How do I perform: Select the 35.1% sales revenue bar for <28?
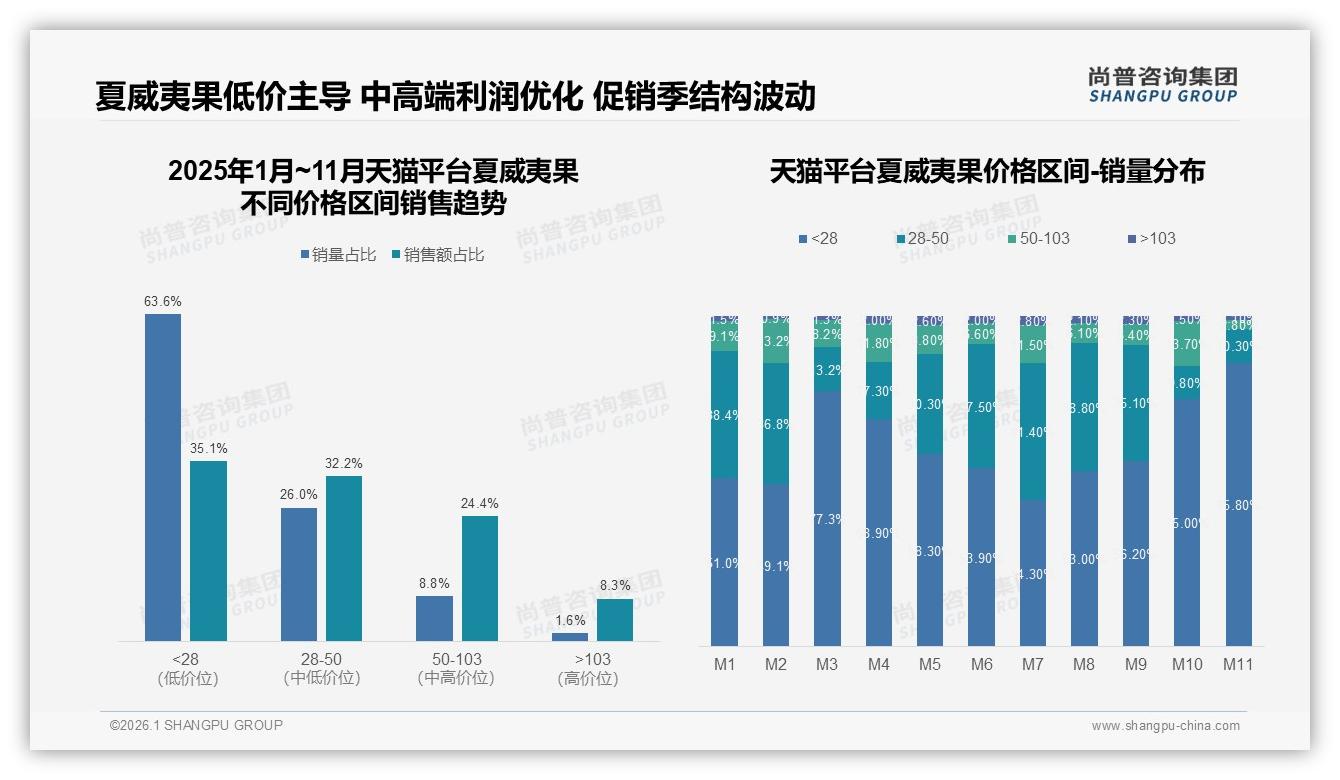click(208, 550)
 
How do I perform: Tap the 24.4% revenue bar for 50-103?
click(479, 578)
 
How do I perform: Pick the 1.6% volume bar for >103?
click(570, 636)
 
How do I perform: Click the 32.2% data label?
click(344, 464)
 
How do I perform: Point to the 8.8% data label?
click(434, 583)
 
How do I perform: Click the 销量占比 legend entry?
click(338, 255)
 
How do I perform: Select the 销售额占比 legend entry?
click(438, 255)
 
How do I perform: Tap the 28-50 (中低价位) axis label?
click(321, 669)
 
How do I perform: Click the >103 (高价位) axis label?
click(592, 669)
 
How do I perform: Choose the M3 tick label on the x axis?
click(827, 664)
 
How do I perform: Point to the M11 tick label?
click(1238, 664)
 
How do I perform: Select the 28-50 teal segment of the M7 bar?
click(1033, 431)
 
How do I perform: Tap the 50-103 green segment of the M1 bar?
click(724, 337)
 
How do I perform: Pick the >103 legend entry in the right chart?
click(1151, 238)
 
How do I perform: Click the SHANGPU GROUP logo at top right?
click(1163, 84)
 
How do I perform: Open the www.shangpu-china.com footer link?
click(1165, 726)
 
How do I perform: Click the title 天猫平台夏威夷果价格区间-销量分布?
click(987, 171)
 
